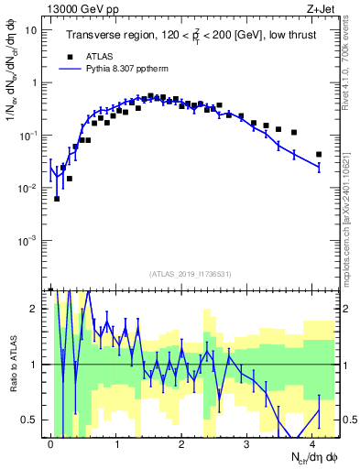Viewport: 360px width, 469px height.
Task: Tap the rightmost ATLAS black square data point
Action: tap(319, 154)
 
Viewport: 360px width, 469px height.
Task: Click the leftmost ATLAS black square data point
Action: tap(57, 198)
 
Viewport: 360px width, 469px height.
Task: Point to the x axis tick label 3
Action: tap(246, 443)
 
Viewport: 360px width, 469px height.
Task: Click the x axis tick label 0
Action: tap(50, 443)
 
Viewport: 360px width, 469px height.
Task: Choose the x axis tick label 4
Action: tap(312, 443)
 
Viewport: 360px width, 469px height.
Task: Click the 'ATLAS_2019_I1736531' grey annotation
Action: tap(189, 274)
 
